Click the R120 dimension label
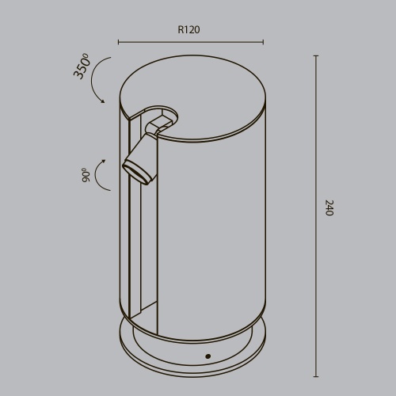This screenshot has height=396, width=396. coord(188,30)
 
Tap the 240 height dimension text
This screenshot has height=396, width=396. coord(329,208)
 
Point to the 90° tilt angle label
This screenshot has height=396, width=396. coord(85,175)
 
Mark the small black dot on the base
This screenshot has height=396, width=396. coord(208,356)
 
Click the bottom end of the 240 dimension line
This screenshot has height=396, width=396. coord(316,377)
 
